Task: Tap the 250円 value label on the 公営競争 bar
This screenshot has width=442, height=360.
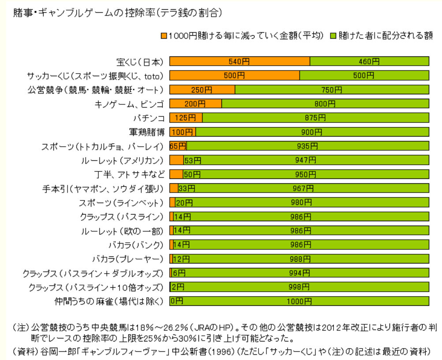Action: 202,90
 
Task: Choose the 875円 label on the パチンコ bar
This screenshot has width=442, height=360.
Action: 315,118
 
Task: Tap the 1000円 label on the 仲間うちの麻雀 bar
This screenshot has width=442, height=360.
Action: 299,301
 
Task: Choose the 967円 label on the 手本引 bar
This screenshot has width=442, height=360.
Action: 303,189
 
